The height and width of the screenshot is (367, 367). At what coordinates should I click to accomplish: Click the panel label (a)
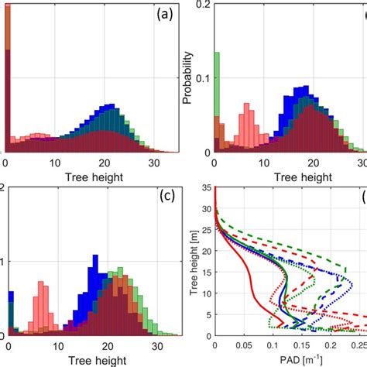[163, 13]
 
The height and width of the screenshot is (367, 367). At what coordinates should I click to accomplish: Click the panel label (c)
[163, 196]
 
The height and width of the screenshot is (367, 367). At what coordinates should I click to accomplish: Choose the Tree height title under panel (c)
[91, 359]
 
